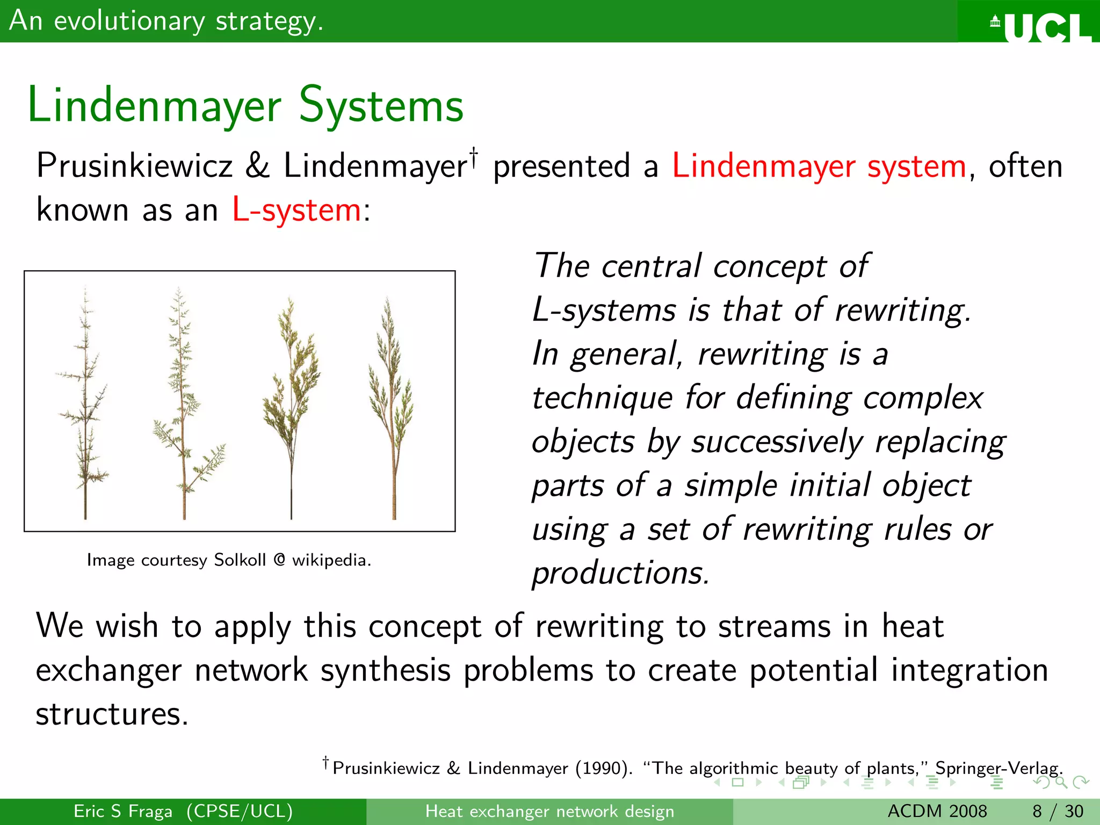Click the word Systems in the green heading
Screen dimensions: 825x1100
coord(381,106)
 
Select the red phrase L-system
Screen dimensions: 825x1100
coord(296,209)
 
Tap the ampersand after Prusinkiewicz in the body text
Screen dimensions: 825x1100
coord(257,165)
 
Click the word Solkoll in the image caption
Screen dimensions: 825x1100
coord(240,560)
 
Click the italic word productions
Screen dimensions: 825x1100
coord(620,573)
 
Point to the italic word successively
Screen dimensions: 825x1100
coord(777,442)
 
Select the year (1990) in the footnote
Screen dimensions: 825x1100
coord(603,769)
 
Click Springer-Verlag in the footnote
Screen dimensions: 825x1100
coord(998,769)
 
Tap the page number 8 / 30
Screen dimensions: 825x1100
coord(1057,811)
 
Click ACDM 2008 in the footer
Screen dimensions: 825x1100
coord(937,811)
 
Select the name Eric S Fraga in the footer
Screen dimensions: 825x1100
coord(123,811)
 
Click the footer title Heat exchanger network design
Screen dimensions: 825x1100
coord(549,811)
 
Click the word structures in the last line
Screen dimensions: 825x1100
coord(112,714)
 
